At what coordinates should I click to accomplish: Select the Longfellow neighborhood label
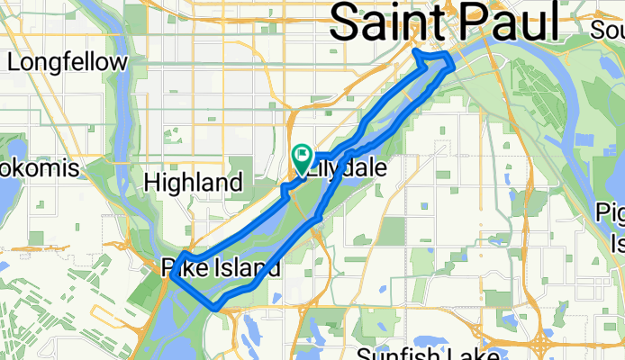[67, 63]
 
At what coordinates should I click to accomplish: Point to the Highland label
[194, 184]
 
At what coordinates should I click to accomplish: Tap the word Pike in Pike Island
[183, 267]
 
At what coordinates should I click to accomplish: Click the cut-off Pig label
[612, 212]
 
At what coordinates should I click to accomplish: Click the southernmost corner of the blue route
[215, 308]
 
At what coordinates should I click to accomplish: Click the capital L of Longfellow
[14, 63]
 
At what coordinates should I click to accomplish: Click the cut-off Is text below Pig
[618, 243]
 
